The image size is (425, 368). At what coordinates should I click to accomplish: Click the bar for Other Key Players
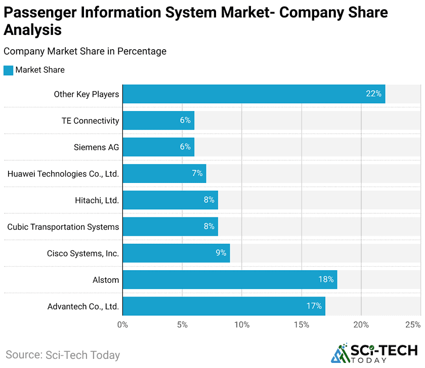click(x=253, y=94)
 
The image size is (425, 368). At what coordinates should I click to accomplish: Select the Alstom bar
click(x=229, y=279)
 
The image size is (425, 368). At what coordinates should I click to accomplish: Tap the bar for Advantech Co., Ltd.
click(x=223, y=306)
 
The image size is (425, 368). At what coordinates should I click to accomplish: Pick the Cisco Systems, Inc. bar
click(x=176, y=253)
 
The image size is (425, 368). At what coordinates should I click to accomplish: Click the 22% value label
click(x=373, y=94)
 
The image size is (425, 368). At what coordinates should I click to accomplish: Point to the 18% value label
click(x=326, y=279)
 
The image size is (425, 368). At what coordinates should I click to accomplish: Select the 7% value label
click(x=197, y=173)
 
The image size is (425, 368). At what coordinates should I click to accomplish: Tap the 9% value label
click(x=221, y=253)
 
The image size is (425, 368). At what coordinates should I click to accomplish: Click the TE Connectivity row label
click(x=90, y=121)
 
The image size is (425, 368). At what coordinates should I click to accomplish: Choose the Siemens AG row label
click(x=96, y=147)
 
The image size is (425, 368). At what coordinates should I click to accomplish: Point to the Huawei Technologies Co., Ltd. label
click(x=63, y=174)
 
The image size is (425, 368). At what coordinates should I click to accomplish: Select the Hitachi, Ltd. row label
click(x=97, y=200)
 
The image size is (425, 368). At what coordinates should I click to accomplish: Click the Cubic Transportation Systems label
click(x=63, y=227)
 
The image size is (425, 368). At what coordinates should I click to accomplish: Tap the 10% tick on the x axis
click(x=242, y=325)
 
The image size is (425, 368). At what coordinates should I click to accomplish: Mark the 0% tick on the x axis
click(x=122, y=325)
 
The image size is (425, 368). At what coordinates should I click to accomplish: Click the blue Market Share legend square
click(x=8, y=70)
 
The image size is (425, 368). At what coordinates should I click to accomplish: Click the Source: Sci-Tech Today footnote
click(x=63, y=355)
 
